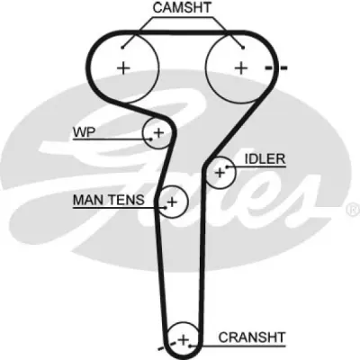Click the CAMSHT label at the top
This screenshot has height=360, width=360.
point(182,7)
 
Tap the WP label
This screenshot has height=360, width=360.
point(84,132)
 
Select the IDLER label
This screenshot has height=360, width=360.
point(265,159)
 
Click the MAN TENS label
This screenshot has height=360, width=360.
point(109,200)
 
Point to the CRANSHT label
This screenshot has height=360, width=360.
point(251,337)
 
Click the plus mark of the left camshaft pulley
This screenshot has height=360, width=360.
point(123,68)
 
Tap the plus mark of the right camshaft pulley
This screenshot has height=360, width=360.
point(241,68)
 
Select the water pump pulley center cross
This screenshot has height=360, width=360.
point(159,132)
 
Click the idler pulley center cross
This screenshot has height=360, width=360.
point(220,173)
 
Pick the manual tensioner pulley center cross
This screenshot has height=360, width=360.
point(172,202)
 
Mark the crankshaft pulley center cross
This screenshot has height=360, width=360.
point(183,340)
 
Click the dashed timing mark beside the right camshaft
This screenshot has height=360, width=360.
point(276,68)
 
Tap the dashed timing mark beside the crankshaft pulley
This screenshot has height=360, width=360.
point(166,345)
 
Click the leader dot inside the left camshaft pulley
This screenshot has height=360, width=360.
point(122,47)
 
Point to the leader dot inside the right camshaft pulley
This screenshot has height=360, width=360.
point(243,47)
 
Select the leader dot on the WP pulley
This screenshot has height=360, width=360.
point(151,139)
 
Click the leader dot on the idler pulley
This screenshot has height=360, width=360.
point(227,166)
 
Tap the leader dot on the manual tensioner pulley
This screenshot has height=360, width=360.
point(166,207)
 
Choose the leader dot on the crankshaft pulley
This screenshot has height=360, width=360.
point(190,346)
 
